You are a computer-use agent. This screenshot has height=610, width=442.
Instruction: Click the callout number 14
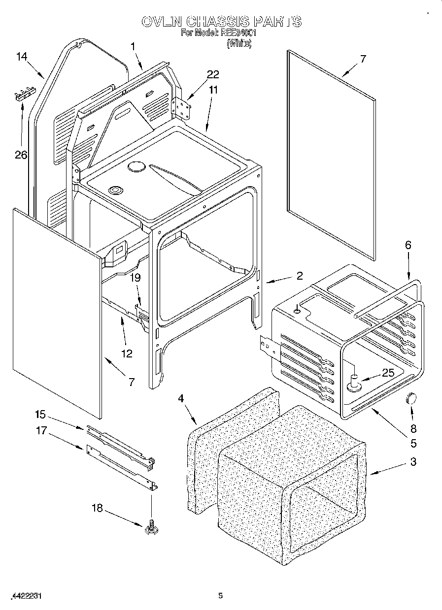(21, 57)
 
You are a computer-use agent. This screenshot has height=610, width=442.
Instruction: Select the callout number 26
(21, 155)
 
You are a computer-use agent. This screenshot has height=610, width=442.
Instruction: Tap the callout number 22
(213, 74)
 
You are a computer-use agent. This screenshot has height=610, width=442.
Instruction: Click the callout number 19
(135, 278)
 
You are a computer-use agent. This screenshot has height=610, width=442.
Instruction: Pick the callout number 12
(127, 353)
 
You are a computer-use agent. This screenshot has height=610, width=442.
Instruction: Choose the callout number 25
(388, 373)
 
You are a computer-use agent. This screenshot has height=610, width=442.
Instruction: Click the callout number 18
(98, 508)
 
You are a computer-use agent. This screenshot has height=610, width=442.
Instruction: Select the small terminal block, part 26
(25, 94)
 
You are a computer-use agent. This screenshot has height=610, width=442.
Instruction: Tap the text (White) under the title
(239, 43)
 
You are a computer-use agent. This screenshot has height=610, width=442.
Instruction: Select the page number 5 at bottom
(221, 596)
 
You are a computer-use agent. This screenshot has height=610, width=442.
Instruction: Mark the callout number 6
(408, 245)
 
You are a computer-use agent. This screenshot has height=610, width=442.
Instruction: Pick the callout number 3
(413, 461)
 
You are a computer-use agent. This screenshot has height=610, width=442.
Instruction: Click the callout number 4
(181, 398)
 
